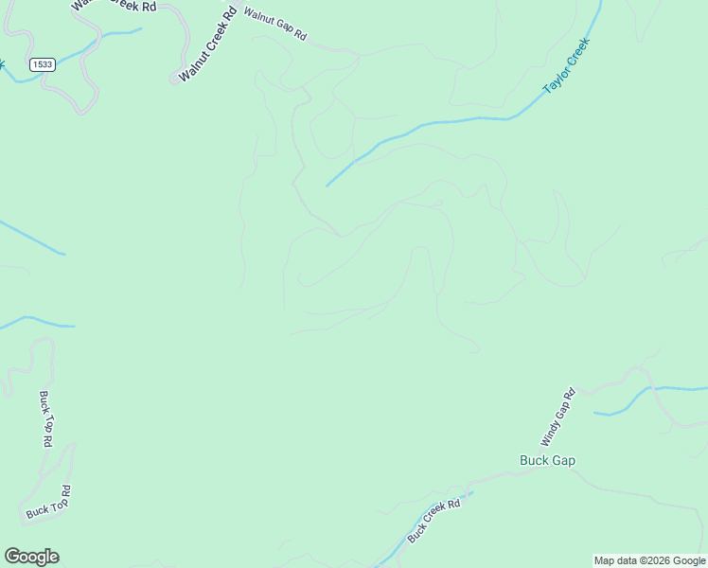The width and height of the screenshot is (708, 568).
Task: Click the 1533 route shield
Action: pyautogui.click(x=41, y=64)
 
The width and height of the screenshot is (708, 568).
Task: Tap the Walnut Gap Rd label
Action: pyautogui.click(x=275, y=25)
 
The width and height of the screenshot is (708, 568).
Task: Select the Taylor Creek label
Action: pyautogui.click(x=566, y=65)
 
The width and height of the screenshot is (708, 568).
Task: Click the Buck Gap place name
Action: pyautogui.click(x=547, y=461)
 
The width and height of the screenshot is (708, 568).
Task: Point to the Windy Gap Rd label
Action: pyautogui.click(x=558, y=417)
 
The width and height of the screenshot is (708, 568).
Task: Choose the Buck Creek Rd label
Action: pyautogui.click(x=434, y=521)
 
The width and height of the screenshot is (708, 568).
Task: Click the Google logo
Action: pyautogui.click(x=31, y=557)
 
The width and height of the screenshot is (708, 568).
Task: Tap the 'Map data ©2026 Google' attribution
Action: pyautogui.click(x=649, y=560)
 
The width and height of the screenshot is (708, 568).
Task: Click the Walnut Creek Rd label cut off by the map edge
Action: pyautogui.click(x=113, y=6)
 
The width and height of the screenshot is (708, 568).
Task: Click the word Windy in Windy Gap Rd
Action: pyautogui.click(x=550, y=433)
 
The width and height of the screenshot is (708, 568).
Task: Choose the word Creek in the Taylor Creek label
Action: pyautogui.click(x=577, y=52)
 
